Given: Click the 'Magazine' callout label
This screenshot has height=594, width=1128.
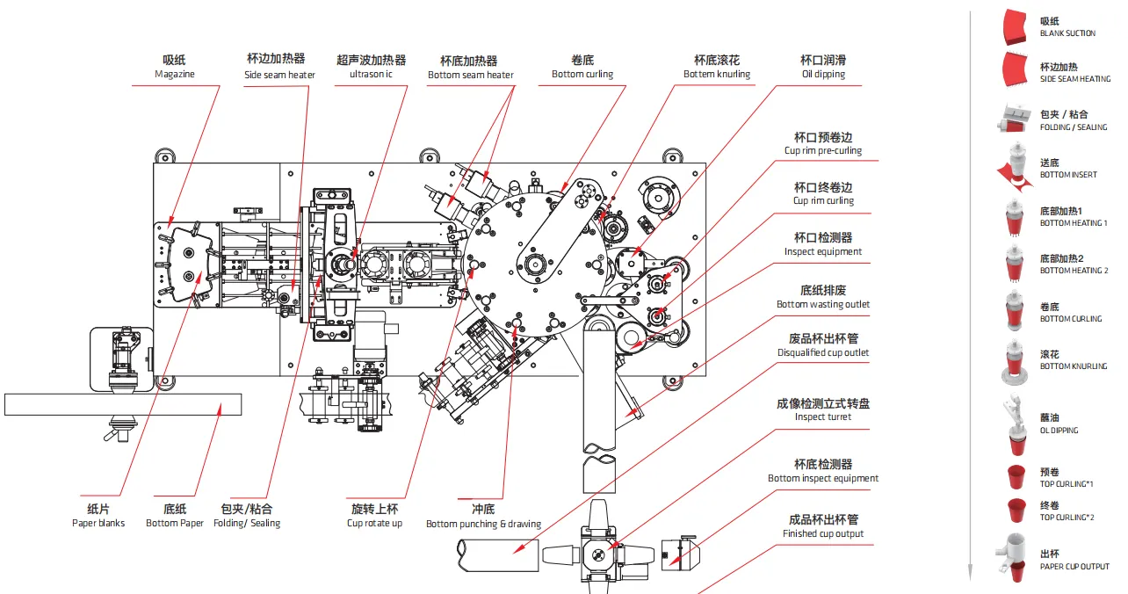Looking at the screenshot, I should [174, 75].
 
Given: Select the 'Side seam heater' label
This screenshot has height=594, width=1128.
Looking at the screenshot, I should [279, 76].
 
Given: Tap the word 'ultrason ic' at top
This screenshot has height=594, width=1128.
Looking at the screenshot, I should [371, 75].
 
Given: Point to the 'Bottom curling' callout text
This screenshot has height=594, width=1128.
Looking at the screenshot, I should [582, 75].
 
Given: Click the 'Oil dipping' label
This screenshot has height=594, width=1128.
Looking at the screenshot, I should [823, 75].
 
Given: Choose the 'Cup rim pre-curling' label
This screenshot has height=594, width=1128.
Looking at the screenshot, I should [823, 151].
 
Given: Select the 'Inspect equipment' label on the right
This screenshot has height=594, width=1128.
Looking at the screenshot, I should [823, 252].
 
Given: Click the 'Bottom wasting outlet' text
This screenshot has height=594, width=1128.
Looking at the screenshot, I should [823, 305].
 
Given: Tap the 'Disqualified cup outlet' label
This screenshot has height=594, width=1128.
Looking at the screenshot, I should [823, 353].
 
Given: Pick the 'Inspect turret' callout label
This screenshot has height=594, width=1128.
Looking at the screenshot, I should [823, 417].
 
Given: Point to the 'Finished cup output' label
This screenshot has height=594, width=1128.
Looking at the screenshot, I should [823, 534].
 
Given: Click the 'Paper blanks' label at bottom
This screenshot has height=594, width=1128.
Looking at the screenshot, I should [98, 524].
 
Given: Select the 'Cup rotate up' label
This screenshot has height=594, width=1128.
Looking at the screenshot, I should [374, 524].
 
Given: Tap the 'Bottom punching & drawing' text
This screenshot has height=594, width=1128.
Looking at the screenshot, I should [483, 525].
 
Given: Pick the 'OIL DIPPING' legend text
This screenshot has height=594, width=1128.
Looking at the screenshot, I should [1059, 431].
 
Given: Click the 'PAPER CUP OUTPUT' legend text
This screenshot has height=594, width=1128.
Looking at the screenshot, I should [1074, 567].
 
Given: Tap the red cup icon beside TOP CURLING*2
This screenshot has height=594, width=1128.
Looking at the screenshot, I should [1016, 510].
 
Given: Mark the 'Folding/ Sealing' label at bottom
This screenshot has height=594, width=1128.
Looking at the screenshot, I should [247, 524].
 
